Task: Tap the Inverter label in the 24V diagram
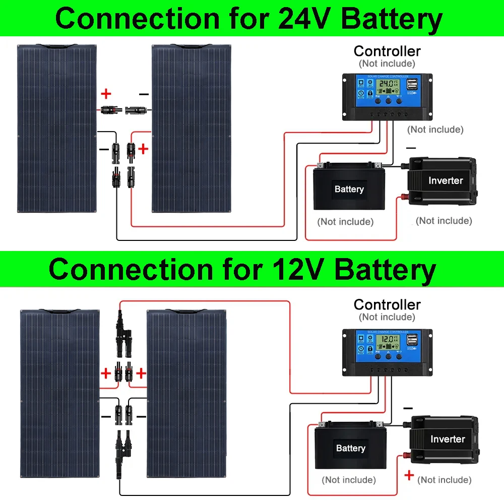click(446, 180)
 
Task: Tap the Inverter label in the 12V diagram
click(448, 439)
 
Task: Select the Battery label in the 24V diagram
click(349, 190)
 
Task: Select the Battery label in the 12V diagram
click(350, 448)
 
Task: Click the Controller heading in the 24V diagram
click(387, 51)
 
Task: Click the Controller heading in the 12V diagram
click(387, 304)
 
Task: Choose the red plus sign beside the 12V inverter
click(409, 475)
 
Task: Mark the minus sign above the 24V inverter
click(411, 148)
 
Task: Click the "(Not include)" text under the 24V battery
click(345, 222)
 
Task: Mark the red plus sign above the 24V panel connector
click(106, 94)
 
